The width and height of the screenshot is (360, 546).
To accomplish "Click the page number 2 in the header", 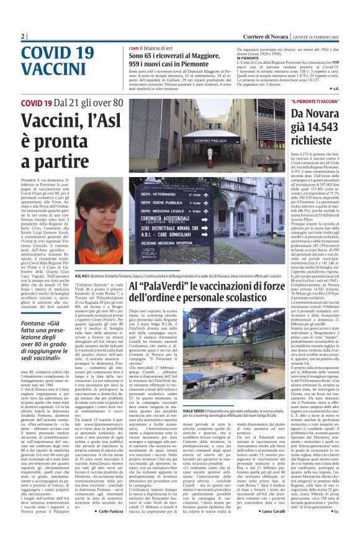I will coord(23,36).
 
